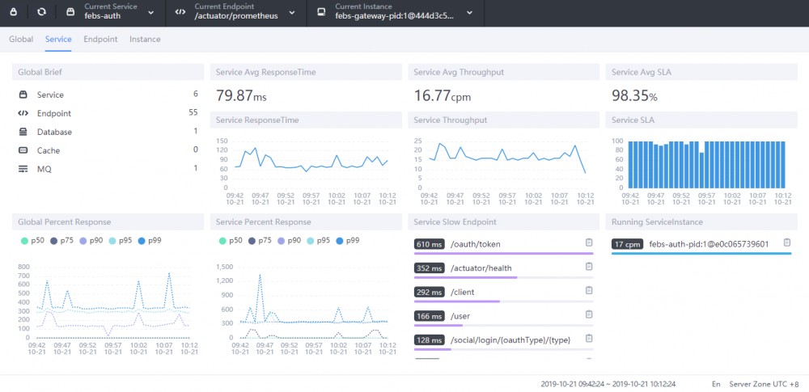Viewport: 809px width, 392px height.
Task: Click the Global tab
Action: [21, 39]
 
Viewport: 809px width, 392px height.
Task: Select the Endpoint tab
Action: [100, 39]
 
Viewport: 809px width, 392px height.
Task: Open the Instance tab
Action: [145, 39]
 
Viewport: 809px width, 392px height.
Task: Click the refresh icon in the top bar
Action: [42, 13]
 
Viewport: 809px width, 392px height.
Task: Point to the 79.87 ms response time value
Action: [241, 96]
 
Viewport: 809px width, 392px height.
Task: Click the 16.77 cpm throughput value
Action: [441, 96]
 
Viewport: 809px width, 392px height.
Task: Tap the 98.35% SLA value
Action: [634, 96]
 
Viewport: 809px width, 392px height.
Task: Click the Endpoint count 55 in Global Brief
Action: [193, 113]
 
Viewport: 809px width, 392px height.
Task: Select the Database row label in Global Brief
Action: [54, 132]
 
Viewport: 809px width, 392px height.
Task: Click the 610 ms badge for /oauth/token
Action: [428, 243]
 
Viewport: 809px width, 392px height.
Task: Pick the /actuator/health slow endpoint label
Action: [481, 268]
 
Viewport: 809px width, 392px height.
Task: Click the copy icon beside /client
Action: [589, 292]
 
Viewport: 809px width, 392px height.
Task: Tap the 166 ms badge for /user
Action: [428, 316]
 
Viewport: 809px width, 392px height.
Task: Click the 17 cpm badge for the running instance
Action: [628, 243]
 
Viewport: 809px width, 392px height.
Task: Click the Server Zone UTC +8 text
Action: [764, 384]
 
